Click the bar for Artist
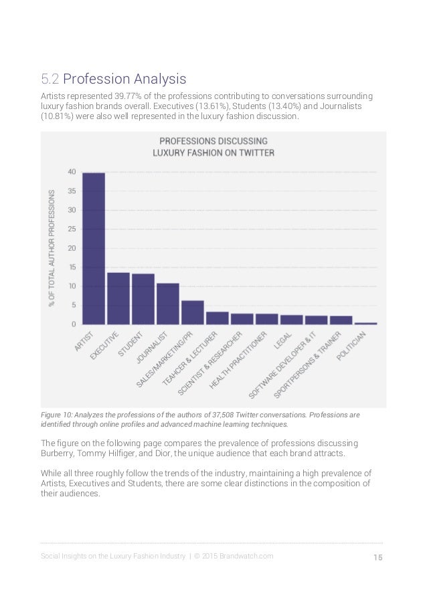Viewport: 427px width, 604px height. coord(94,248)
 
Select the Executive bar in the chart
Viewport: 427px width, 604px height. coord(118,298)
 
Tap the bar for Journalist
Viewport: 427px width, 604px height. coord(167,304)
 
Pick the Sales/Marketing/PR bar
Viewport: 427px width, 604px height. coord(193,312)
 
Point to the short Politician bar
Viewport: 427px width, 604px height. coord(365,324)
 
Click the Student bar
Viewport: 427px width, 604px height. coord(143,299)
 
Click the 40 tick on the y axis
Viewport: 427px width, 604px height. coord(72,172)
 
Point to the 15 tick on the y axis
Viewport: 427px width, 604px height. coord(72,268)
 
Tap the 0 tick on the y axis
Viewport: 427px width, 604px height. coord(74,324)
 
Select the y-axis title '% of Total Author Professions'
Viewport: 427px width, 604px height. coord(52,248)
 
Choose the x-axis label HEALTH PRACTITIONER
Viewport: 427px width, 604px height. coord(238,360)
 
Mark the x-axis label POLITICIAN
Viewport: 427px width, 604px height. coord(351,346)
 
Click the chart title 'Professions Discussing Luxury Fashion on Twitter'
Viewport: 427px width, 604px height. coord(213,146)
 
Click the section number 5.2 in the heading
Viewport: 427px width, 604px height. coord(50,79)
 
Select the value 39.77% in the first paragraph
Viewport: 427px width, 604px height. coord(128,96)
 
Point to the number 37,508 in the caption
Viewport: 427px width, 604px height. coord(222,415)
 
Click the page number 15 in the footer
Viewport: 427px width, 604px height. coord(377,557)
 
